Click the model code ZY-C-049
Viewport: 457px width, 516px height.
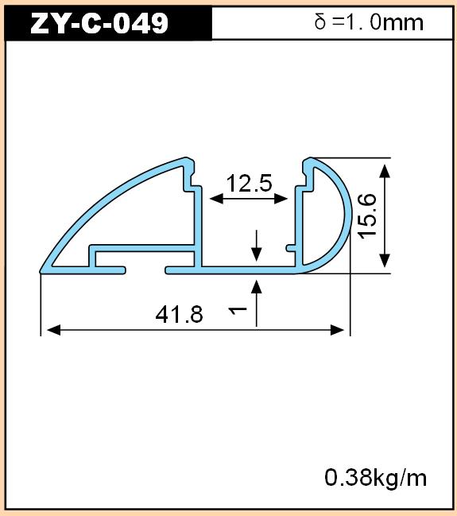point(99,23)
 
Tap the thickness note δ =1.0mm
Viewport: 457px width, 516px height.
point(369,22)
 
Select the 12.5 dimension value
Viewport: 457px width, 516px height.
point(250,184)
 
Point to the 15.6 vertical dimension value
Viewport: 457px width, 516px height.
point(367,216)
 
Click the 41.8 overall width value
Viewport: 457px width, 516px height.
point(180,314)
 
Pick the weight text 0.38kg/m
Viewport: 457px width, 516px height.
point(375,478)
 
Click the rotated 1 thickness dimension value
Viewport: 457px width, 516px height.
point(238,310)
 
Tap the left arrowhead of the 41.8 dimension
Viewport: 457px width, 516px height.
point(54,330)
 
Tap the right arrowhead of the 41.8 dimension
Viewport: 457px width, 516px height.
point(337,330)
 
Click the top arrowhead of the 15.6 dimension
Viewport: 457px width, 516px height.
point(385,171)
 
